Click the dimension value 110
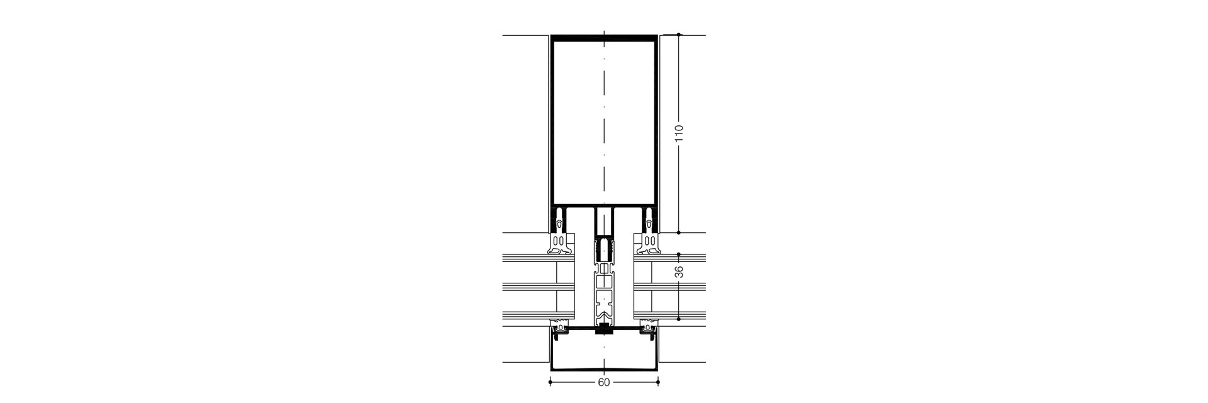coord(679,133)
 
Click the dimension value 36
coord(679,272)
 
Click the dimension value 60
coord(604,382)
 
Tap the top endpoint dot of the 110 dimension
coord(679,35)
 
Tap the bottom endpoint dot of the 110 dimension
coord(679,232)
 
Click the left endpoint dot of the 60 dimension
coord(550,382)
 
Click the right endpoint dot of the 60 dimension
coord(658,382)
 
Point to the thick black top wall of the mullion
coord(604,38)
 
